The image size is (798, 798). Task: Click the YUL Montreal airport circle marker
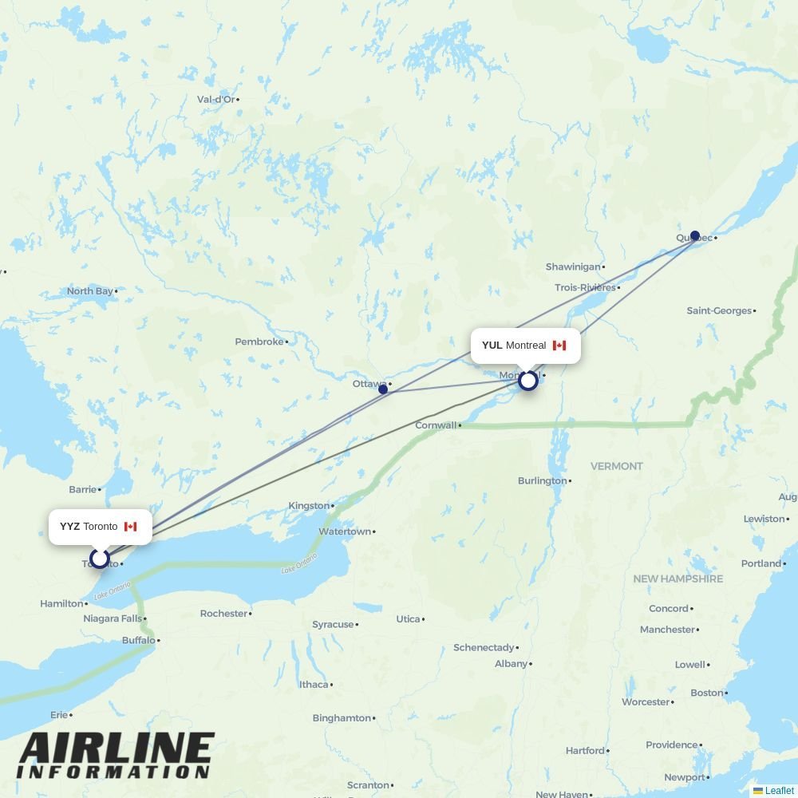[527, 381]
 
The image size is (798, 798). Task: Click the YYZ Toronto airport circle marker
[100, 558]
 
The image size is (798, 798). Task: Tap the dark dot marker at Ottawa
[383, 389]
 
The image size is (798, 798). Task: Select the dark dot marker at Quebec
[695, 235]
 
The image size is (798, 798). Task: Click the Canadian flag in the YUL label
[559, 346]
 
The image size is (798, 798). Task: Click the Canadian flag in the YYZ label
[131, 527]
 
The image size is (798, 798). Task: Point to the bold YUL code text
[492, 346]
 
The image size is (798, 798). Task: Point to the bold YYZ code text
[69, 527]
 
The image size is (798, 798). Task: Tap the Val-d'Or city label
[215, 100]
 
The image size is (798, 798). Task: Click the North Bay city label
[89, 291]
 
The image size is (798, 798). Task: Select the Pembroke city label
[259, 342]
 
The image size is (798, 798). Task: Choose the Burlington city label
[542, 481]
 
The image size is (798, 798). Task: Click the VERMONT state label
[616, 466]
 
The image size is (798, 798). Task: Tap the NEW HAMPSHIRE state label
[678, 579]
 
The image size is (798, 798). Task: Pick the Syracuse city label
[333, 625]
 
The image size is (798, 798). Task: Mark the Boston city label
[706, 693]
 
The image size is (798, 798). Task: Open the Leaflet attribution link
[779, 791]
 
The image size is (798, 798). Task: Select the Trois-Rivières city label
[585, 287]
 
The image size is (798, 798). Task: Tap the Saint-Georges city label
[719, 310]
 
